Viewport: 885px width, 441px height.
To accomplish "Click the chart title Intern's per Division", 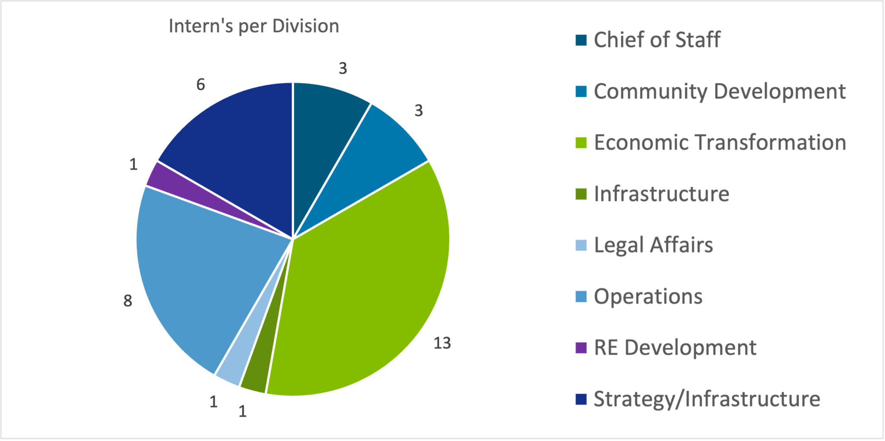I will click(254, 26).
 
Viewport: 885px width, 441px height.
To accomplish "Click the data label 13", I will click(442, 343).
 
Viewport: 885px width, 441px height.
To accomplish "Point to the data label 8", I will click(127, 301).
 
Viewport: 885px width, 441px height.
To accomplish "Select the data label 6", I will click(201, 85).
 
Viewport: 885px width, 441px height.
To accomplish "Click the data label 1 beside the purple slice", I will click(134, 165).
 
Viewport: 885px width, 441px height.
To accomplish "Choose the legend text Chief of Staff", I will click(657, 40).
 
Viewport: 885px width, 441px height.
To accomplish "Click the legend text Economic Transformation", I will click(719, 143).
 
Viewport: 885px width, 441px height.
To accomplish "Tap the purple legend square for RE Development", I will click(581, 348).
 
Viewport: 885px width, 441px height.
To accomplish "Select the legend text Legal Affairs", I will click(653, 245).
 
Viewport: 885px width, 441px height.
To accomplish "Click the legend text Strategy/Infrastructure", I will click(707, 399).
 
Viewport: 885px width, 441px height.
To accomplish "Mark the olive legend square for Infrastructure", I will click(581, 194).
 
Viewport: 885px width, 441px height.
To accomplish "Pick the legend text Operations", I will click(648, 296).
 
